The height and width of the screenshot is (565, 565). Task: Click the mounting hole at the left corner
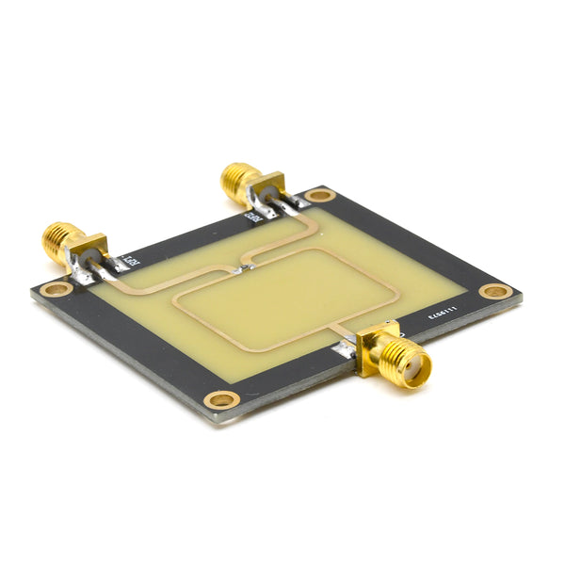55,289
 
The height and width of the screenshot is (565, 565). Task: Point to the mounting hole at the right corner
495,291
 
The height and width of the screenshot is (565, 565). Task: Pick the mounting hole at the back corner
320,195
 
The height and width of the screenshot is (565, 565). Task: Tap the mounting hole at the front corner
221,400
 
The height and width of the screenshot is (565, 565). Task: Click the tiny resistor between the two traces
243,269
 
